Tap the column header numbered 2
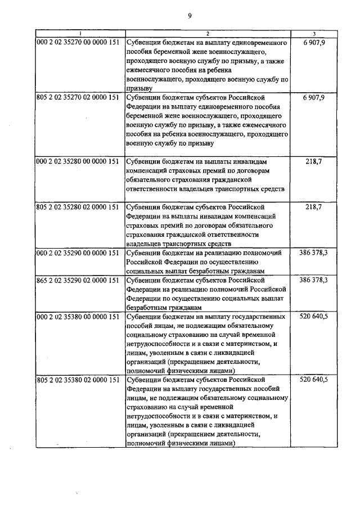tap(208, 34)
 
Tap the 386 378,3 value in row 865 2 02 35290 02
tap(314, 280)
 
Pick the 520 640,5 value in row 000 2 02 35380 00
tap(314, 317)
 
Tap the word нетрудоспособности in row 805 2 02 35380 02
tap(160, 417)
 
